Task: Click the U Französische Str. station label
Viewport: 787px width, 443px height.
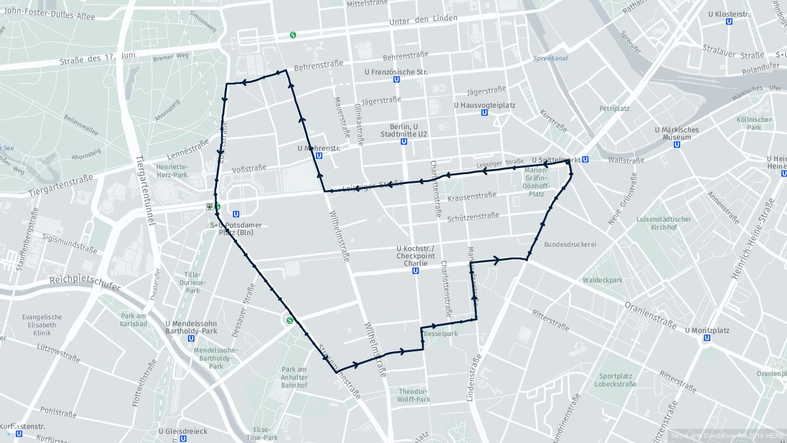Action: point(396,72)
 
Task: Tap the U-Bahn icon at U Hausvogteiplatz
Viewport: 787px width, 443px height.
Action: point(484,113)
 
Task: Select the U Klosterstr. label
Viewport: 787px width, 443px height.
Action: point(729,14)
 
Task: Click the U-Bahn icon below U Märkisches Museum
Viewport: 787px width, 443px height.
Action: point(677,145)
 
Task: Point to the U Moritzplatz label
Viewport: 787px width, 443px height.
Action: point(706,330)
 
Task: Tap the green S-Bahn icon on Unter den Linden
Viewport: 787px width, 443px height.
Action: point(293,35)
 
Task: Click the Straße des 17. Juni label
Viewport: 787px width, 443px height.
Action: point(98,58)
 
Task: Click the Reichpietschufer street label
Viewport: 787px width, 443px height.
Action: point(85,282)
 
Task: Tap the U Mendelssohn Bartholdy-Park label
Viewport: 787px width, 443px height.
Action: point(191,327)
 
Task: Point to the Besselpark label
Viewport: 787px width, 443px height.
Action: point(440,334)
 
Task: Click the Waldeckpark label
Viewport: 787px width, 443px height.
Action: point(603,280)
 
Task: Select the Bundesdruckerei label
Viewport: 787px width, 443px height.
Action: point(570,244)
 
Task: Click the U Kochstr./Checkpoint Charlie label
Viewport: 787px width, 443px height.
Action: point(416,255)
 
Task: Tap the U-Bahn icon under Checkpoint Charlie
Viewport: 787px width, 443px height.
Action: point(416,271)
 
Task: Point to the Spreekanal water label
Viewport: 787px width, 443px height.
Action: point(550,58)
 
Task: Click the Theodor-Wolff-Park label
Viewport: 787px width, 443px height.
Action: point(414,395)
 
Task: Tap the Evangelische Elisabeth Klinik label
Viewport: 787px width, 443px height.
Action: point(42,325)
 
